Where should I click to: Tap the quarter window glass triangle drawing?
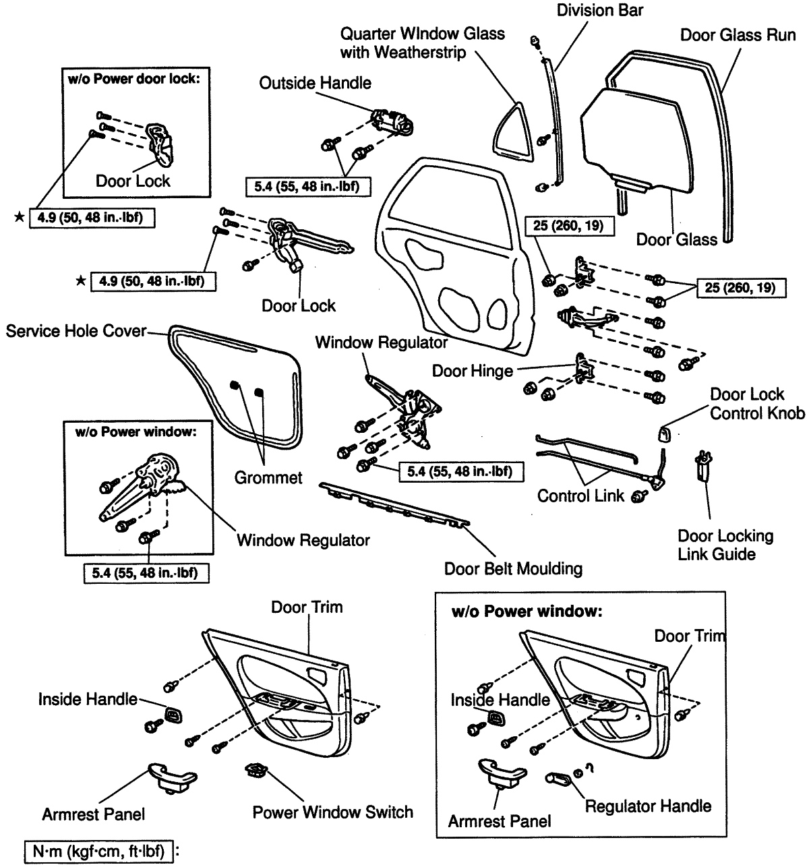[512, 132]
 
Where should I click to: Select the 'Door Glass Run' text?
[738, 34]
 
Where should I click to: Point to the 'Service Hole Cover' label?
[76, 332]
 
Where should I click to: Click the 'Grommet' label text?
[268, 478]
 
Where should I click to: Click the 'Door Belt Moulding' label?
[513, 568]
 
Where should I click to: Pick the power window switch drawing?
[256, 771]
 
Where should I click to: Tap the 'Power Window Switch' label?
[332, 812]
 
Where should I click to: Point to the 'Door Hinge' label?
[473, 370]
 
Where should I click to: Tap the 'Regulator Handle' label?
[648, 806]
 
